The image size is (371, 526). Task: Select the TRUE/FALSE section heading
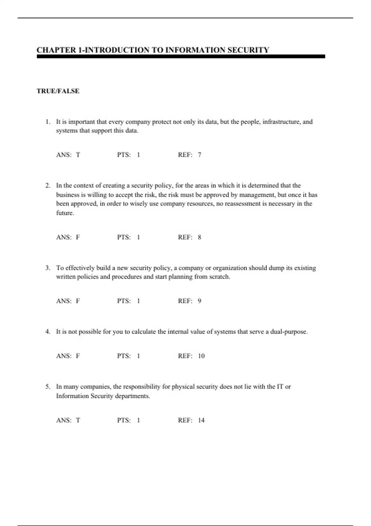(58, 91)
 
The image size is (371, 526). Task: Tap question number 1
(48, 122)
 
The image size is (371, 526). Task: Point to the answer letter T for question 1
(78, 155)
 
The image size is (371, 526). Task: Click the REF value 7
(199, 155)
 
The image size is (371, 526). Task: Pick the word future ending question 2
(65, 213)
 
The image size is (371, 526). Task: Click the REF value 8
(199, 237)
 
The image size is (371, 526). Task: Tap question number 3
(48, 268)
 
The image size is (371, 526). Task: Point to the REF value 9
(199, 301)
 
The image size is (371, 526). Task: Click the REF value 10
(201, 356)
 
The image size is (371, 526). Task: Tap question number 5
(48, 387)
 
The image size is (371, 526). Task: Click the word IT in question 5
(280, 387)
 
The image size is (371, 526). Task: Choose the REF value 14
(201, 420)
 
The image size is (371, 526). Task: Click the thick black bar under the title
(181, 57)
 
